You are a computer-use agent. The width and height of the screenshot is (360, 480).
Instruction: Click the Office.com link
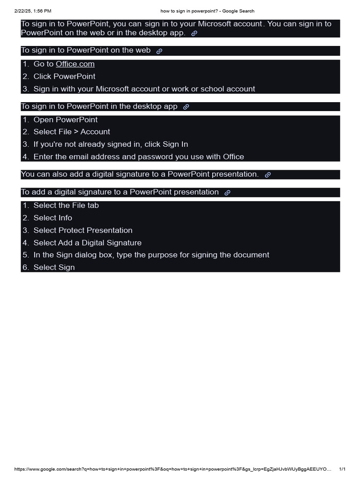pyautogui.click(x=75, y=64)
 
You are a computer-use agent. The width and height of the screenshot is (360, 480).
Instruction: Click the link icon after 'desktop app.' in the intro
pyautogui.click(x=194, y=34)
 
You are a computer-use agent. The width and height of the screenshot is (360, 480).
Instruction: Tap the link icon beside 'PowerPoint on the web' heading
pyautogui.click(x=159, y=51)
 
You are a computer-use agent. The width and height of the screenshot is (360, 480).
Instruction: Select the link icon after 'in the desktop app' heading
pyautogui.click(x=186, y=107)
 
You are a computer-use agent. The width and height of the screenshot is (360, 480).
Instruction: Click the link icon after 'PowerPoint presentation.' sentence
pyautogui.click(x=268, y=175)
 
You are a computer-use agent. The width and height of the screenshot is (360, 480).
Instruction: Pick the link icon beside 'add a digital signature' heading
pyautogui.click(x=227, y=193)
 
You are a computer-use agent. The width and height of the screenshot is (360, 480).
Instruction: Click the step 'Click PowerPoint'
pyautogui.click(x=64, y=76)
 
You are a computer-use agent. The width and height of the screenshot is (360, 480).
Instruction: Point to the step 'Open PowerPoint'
pyautogui.click(x=66, y=120)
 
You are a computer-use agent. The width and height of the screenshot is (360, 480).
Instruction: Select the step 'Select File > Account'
pyautogui.click(x=72, y=132)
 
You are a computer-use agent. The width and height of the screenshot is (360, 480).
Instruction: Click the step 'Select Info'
pyautogui.click(x=53, y=217)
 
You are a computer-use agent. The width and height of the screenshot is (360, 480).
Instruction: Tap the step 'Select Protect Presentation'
pyautogui.click(x=83, y=230)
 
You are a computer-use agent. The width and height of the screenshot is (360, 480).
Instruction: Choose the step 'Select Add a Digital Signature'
pyautogui.click(x=87, y=243)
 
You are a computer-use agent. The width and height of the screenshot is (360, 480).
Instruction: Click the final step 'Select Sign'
pyautogui.click(x=54, y=267)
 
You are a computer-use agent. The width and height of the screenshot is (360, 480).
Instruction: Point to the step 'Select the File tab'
pyautogui.click(x=66, y=205)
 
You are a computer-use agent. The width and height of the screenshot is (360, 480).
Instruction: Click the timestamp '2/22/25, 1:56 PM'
pyautogui.click(x=33, y=11)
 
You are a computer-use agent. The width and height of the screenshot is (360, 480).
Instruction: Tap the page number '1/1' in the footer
pyautogui.click(x=342, y=469)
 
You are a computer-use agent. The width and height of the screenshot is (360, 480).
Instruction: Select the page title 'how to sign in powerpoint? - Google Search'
pyautogui.click(x=207, y=11)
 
